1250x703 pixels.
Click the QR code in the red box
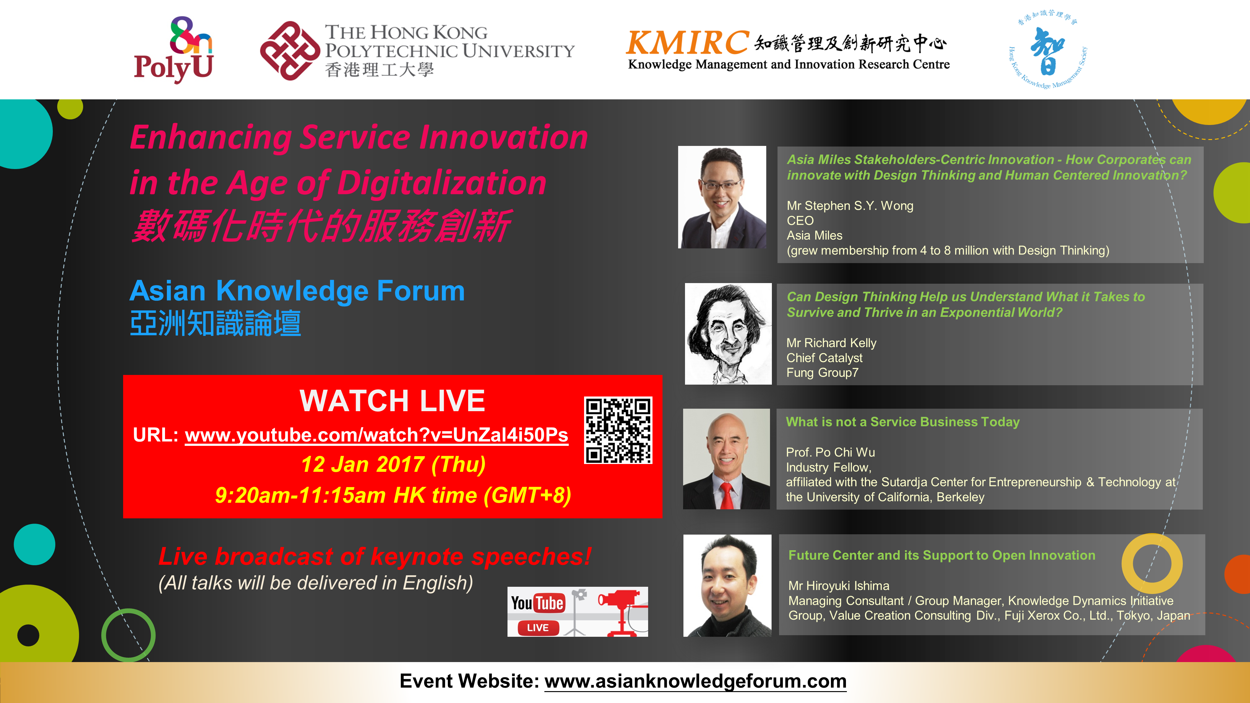tap(618, 430)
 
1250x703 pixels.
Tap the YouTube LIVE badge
tap(577, 612)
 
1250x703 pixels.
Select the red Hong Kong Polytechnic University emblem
tap(290, 50)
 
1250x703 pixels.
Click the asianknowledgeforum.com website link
tap(695, 681)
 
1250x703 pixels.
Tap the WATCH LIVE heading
tap(392, 401)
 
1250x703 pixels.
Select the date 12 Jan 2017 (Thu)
tap(393, 464)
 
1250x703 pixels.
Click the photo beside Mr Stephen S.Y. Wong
tap(722, 197)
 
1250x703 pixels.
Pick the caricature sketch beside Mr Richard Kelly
tap(728, 334)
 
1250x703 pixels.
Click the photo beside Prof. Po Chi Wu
tap(727, 459)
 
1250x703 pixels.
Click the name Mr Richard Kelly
tap(831, 343)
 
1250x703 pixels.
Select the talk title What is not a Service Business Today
tap(902, 422)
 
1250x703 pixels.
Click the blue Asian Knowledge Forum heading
tap(297, 291)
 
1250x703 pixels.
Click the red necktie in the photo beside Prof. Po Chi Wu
tap(727, 496)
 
